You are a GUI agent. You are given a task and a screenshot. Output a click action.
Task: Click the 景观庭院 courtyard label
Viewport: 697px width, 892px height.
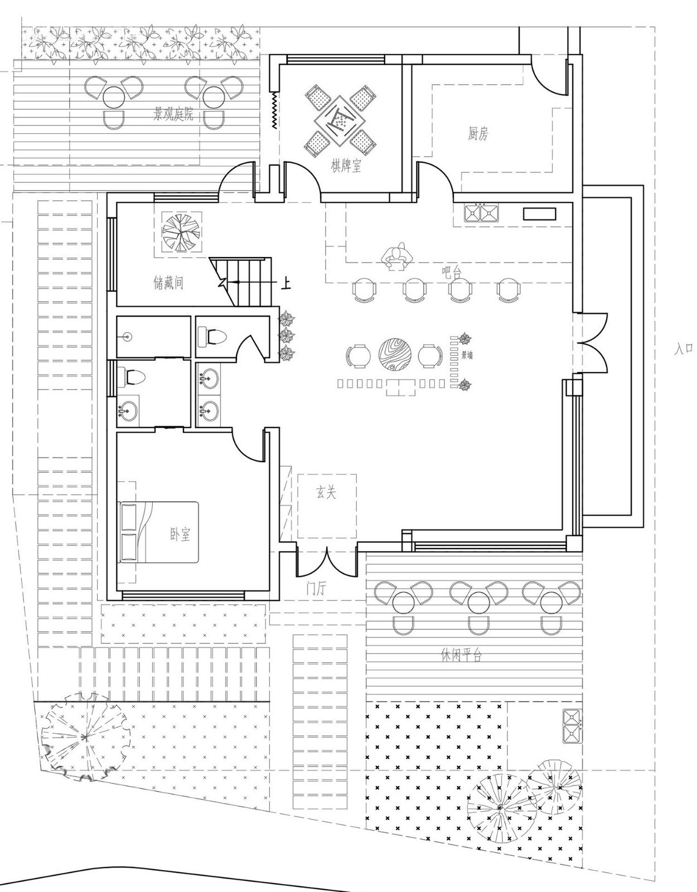pos(173,114)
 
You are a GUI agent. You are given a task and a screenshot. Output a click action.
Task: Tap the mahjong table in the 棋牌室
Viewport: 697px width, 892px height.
pos(340,120)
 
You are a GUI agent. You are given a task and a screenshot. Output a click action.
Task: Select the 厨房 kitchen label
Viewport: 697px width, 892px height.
pos(478,133)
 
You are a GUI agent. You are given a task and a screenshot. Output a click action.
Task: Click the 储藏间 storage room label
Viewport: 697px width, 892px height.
pos(168,283)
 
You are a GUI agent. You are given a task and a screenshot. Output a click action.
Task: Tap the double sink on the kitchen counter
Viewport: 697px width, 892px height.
pos(482,212)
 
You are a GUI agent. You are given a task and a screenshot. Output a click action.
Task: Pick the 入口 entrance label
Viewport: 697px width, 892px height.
pos(684,350)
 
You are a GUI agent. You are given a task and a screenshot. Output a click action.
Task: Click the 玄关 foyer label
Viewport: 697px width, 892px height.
pos(326,492)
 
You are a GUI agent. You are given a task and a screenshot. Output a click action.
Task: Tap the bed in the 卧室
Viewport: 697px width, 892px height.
pos(159,532)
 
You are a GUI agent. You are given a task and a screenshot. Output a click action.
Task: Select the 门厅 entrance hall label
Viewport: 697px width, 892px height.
pos(316,589)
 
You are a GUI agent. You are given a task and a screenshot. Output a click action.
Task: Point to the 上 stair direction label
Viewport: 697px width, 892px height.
pos(285,284)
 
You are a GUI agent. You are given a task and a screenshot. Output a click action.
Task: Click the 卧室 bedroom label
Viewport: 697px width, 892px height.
pos(180,534)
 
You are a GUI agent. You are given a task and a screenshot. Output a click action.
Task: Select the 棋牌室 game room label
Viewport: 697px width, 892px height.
pos(346,166)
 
